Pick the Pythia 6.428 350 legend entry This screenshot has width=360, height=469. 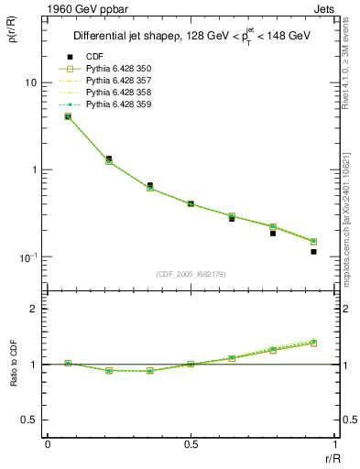tap(122, 70)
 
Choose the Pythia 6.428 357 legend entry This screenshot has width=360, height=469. tap(122, 82)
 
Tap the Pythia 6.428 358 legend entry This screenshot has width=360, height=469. tap(122, 93)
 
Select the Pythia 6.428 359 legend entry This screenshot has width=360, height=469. tap(122, 105)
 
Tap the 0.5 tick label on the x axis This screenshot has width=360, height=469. tap(191, 444)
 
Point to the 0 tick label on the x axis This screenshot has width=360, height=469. tap(48, 444)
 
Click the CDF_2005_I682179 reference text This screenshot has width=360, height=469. tap(191, 274)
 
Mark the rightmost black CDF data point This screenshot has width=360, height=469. tap(313, 251)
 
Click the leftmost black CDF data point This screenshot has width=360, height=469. tap(68, 116)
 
